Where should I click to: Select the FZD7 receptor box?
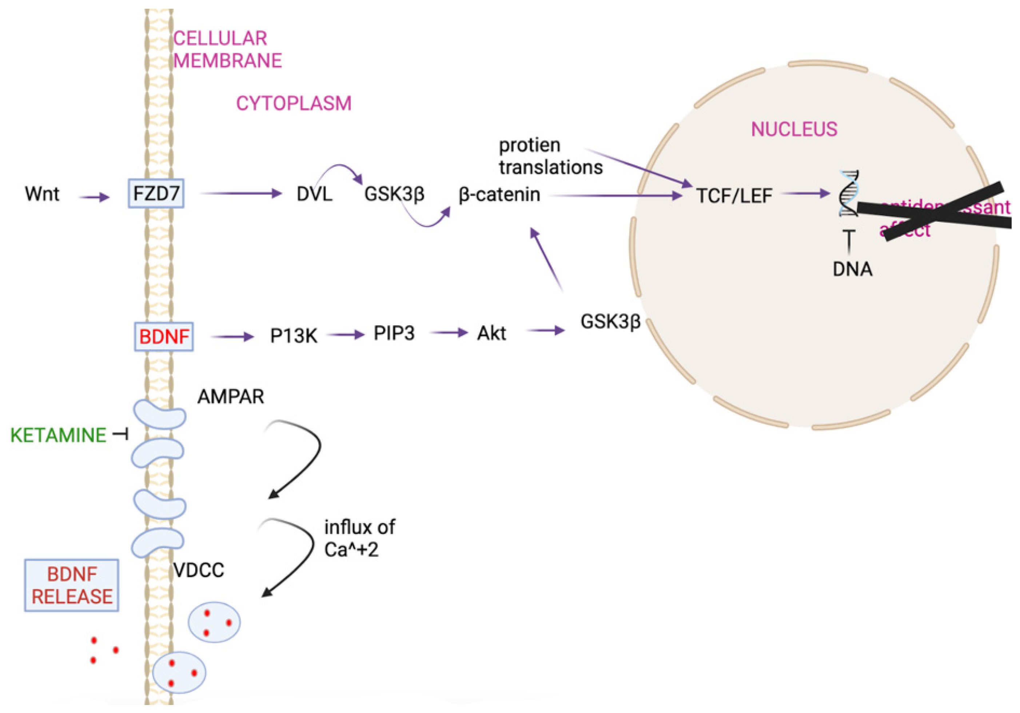156,193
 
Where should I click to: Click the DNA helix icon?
849,193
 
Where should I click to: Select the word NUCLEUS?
794,129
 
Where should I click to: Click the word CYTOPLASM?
294,104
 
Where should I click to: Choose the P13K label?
293,336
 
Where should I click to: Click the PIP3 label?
394,333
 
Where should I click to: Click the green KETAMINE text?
58,435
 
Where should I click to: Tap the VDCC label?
199,570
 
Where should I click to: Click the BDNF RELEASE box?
72,585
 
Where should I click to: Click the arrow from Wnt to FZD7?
94,197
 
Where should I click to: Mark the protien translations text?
550,156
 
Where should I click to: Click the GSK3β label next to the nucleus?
610,322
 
